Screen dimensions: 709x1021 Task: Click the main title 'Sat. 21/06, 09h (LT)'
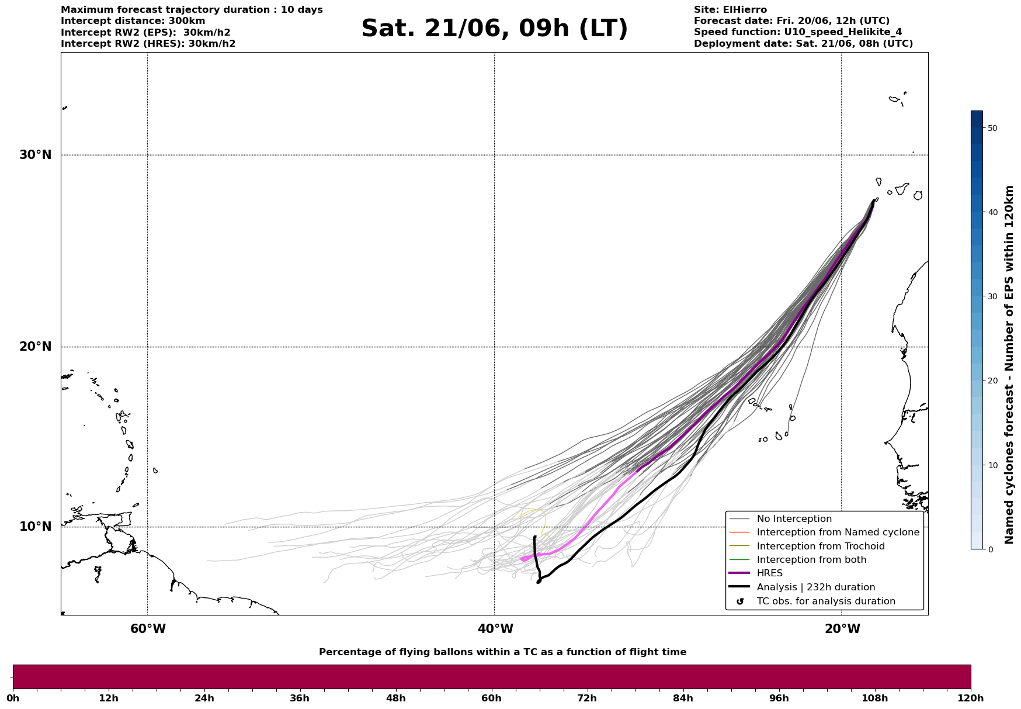pos(494,29)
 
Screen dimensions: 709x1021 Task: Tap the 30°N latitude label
pos(36,155)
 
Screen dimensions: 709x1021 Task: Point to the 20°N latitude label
pos(36,347)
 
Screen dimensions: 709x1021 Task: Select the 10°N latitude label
pos(36,527)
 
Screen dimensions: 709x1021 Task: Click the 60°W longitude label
pos(148,629)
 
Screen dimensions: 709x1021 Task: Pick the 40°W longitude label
pos(495,629)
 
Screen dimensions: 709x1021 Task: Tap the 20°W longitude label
pos(842,629)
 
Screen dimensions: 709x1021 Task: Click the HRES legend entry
pos(769,573)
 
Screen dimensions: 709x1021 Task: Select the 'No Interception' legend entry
pos(794,519)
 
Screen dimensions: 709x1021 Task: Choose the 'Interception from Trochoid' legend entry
pos(820,547)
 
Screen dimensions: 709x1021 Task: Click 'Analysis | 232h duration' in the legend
pos(815,587)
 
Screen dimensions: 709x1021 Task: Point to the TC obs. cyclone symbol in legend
pos(740,601)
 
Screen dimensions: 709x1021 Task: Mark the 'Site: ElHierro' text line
pos(730,10)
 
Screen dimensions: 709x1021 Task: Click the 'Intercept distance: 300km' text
pos(133,21)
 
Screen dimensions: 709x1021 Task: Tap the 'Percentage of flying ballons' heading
pos(502,652)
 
